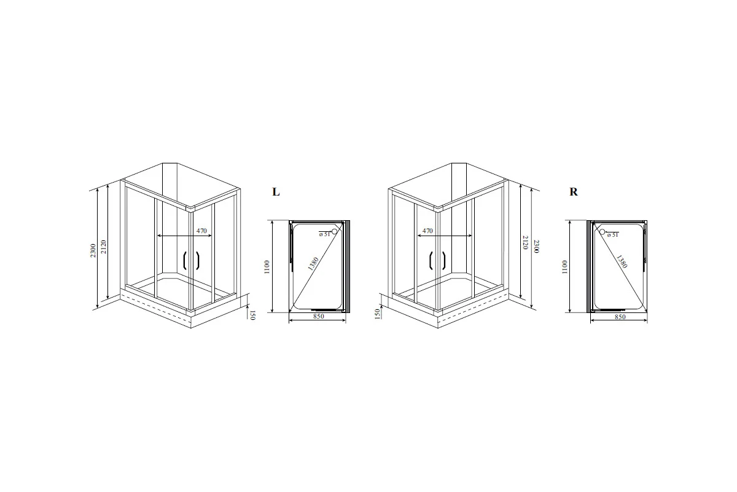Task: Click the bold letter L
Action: tap(276, 192)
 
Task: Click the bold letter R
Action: tap(574, 192)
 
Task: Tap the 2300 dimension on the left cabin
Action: tap(93, 250)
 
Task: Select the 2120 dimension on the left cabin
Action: tap(104, 247)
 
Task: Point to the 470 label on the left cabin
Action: tap(201, 231)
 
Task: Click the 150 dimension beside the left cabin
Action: tap(252, 315)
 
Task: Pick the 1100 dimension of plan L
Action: tap(267, 267)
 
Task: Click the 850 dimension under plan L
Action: tap(319, 316)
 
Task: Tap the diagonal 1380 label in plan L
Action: tap(313, 264)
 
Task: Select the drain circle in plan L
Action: tap(334, 231)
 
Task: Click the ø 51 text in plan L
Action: tap(324, 234)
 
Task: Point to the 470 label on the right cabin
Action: tap(427, 231)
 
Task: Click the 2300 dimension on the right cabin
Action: tap(536, 246)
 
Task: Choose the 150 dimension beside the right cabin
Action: tap(378, 314)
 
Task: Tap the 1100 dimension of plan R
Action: tap(564, 267)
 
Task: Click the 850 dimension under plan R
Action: tap(620, 317)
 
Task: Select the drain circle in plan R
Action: tap(602, 232)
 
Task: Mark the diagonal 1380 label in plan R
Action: tap(622, 261)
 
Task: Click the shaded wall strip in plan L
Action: tap(348, 266)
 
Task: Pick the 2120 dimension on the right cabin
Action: tap(526, 242)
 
